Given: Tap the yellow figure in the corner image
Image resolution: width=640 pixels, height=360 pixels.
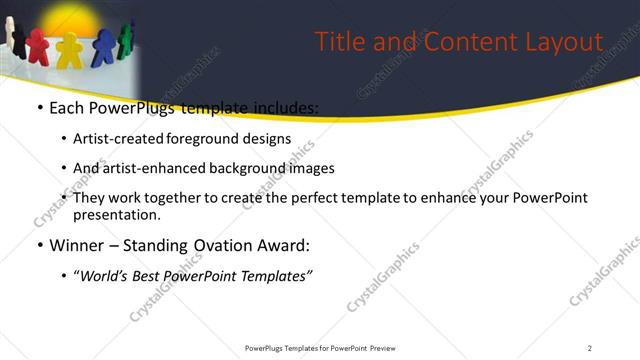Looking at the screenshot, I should pyautogui.click(x=69, y=51).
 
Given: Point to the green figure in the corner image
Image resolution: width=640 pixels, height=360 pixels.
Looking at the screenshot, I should pyautogui.click(x=124, y=38).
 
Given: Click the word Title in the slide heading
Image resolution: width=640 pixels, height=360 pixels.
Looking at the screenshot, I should pyautogui.click(x=338, y=42).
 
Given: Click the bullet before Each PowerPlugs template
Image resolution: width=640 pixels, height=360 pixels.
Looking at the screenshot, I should pyautogui.click(x=39, y=108).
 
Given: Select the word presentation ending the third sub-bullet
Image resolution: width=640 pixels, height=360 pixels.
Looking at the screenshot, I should pyautogui.click(x=116, y=214).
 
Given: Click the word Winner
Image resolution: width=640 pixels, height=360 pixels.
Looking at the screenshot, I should pyautogui.click(x=78, y=245).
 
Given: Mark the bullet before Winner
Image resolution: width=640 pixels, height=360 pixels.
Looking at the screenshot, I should pyautogui.click(x=39, y=245).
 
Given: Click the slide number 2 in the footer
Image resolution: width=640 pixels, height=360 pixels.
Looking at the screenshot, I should pyautogui.click(x=590, y=347).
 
